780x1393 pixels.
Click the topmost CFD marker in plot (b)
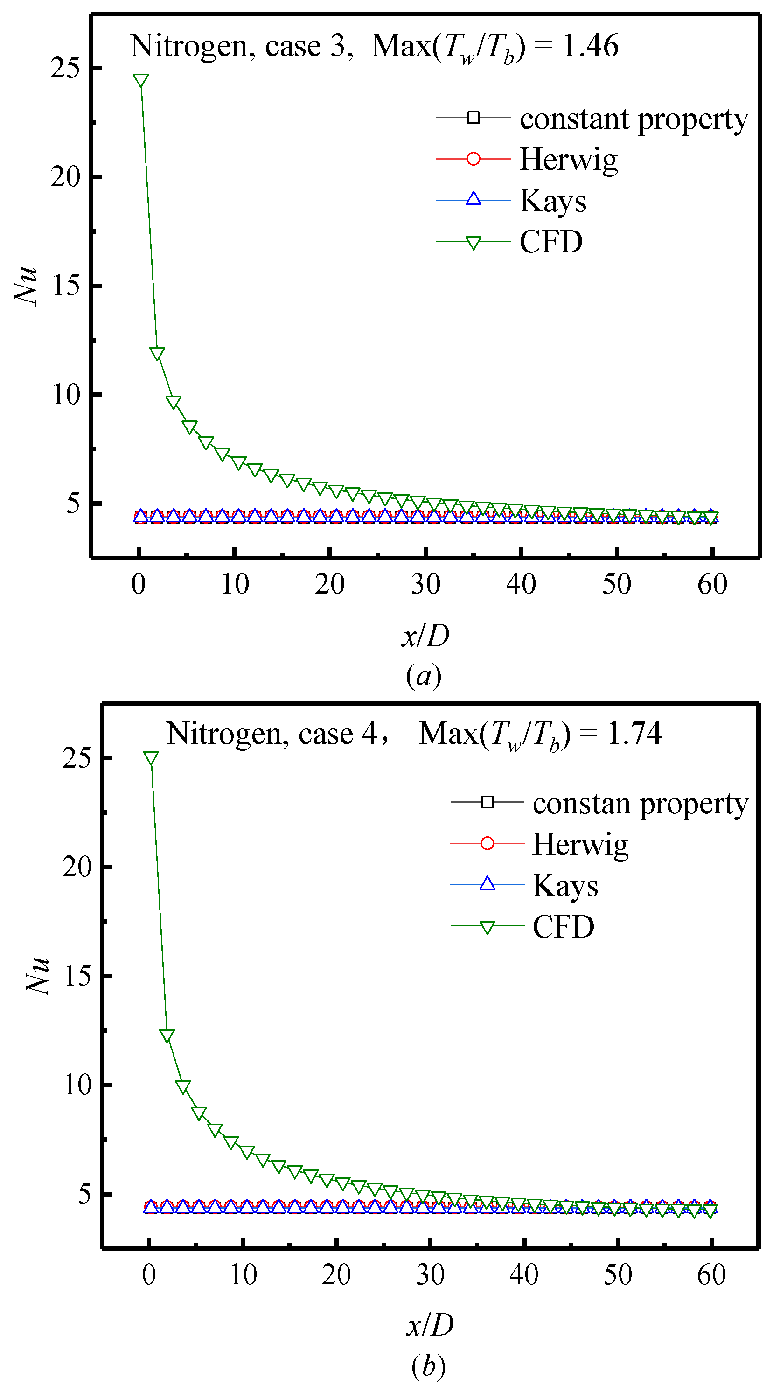point(151,758)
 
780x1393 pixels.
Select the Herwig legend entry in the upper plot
point(568,159)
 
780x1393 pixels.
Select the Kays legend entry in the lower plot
point(565,885)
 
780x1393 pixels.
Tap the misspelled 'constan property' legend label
point(640,804)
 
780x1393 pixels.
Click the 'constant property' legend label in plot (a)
point(634,119)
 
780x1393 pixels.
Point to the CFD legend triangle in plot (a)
point(473,242)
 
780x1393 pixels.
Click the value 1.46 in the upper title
point(590,45)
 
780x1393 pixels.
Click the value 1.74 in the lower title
point(634,734)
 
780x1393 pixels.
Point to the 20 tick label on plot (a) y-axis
point(65,177)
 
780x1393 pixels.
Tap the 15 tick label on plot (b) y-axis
point(77,975)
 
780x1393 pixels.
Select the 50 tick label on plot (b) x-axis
point(617,1274)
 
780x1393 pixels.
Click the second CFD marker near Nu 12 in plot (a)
point(157,354)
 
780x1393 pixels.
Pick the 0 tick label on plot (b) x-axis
point(149,1274)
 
